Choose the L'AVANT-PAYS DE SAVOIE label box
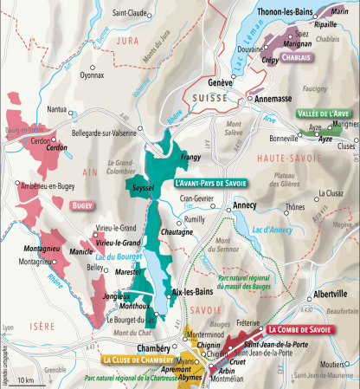click(211, 183)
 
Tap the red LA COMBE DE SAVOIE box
click(299, 329)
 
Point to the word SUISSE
click(200, 100)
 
